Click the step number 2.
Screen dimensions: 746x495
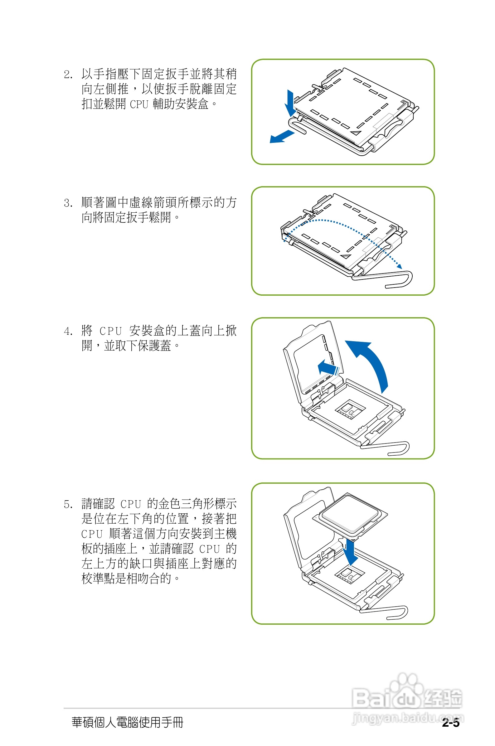pyautogui.click(x=68, y=75)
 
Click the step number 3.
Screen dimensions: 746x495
pyautogui.click(x=68, y=203)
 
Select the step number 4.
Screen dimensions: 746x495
pyautogui.click(x=68, y=332)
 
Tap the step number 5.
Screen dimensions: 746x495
pyautogui.click(x=68, y=504)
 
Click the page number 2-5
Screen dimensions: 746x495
pyautogui.click(x=450, y=723)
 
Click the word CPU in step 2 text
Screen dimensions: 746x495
pyautogui.click(x=139, y=104)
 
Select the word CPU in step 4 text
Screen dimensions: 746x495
pyautogui.click(x=110, y=331)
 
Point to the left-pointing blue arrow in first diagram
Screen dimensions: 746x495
pyautogui.click(x=281, y=137)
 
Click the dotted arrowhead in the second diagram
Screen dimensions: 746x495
pyautogui.click(x=399, y=267)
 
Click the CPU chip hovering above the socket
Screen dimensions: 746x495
pyautogui.click(x=350, y=515)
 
